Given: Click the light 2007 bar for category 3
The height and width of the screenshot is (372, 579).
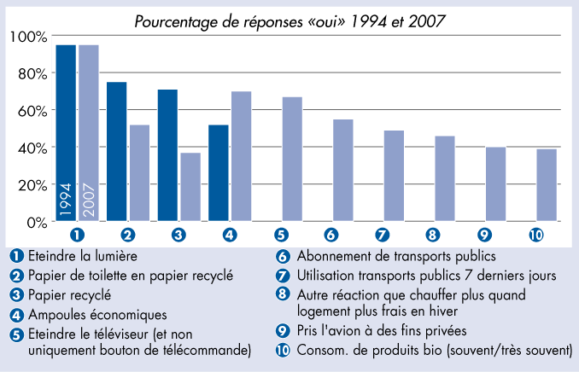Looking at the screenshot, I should click(190, 187).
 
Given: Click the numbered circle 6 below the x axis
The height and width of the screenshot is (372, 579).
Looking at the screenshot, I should click(332, 235).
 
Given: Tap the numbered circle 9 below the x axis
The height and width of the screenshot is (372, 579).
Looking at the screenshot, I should click(485, 235).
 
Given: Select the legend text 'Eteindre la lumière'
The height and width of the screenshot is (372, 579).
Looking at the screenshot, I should click(80, 254).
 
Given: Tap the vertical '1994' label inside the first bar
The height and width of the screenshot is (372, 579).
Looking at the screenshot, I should click(66, 199).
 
